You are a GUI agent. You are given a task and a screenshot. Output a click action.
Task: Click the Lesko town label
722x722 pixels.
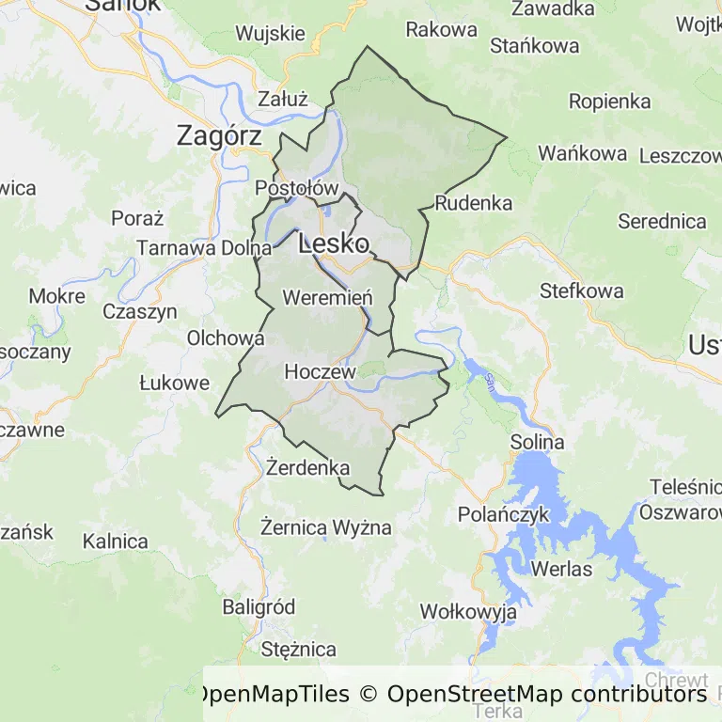(x=333, y=244)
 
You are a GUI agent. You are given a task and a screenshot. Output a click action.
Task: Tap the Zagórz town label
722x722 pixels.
(x=219, y=136)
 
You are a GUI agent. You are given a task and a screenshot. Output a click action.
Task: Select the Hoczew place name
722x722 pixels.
(x=320, y=372)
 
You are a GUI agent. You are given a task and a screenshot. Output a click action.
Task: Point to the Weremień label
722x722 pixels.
(x=327, y=298)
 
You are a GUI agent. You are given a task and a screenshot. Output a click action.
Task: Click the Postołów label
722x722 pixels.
(x=296, y=188)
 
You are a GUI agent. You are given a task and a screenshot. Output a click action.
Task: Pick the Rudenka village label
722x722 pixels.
(x=474, y=203)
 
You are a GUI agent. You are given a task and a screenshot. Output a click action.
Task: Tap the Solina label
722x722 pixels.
(x=537, y=442)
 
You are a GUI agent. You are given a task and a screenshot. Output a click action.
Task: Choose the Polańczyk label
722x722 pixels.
(x=503, y=514)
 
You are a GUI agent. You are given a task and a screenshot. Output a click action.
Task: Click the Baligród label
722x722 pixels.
(x=259, y=606)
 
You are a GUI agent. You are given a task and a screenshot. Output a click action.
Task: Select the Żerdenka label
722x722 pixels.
(x=307, y=467)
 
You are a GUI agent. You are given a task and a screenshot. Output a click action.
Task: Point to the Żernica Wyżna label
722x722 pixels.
(x=325, y=526)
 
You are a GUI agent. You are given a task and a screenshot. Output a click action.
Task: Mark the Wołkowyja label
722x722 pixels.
(x=468, y=613)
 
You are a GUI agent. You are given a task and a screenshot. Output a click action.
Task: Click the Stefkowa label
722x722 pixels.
(x=581, y=290)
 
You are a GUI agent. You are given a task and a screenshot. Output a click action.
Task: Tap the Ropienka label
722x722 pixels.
(x=609, y=102)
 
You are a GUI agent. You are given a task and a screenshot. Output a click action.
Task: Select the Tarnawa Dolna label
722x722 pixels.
(x=204, y=248)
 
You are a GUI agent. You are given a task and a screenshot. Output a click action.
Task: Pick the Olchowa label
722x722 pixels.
(x=226, y=338)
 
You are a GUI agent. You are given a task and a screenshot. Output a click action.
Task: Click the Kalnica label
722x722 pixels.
(x=115, y=541)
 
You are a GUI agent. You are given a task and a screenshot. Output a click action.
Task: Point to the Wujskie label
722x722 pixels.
(x=270, y=34)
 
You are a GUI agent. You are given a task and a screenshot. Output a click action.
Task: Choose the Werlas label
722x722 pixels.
(x=561, y=569)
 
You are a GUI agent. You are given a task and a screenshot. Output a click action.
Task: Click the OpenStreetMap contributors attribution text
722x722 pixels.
(x=546, y=695)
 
